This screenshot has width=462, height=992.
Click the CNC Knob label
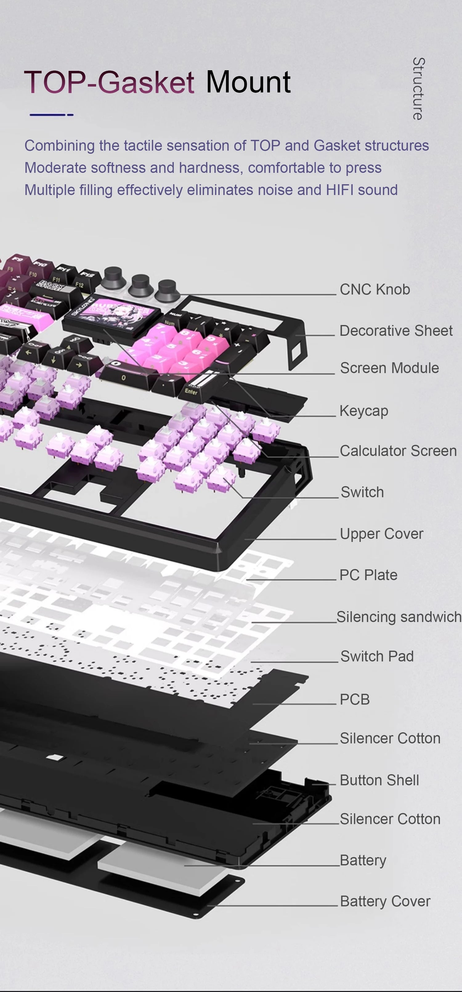(x=375, y=289)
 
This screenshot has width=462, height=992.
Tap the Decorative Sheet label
(x=396, y=330)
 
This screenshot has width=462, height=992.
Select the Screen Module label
(x=389, y=368)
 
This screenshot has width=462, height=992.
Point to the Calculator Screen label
(x=398, y=450)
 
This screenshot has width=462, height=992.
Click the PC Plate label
(x=368, y=575)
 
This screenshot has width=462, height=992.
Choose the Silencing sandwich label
(x=399, y=616)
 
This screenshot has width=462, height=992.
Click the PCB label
(x=354, y=699)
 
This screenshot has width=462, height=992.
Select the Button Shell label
(x=379, y=780)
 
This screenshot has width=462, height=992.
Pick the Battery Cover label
(x=385, y=901)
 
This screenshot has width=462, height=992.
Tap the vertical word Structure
(x=419, y=89)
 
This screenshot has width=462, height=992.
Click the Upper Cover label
(x=381, y=533)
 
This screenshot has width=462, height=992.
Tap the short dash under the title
(x=70, y=115)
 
